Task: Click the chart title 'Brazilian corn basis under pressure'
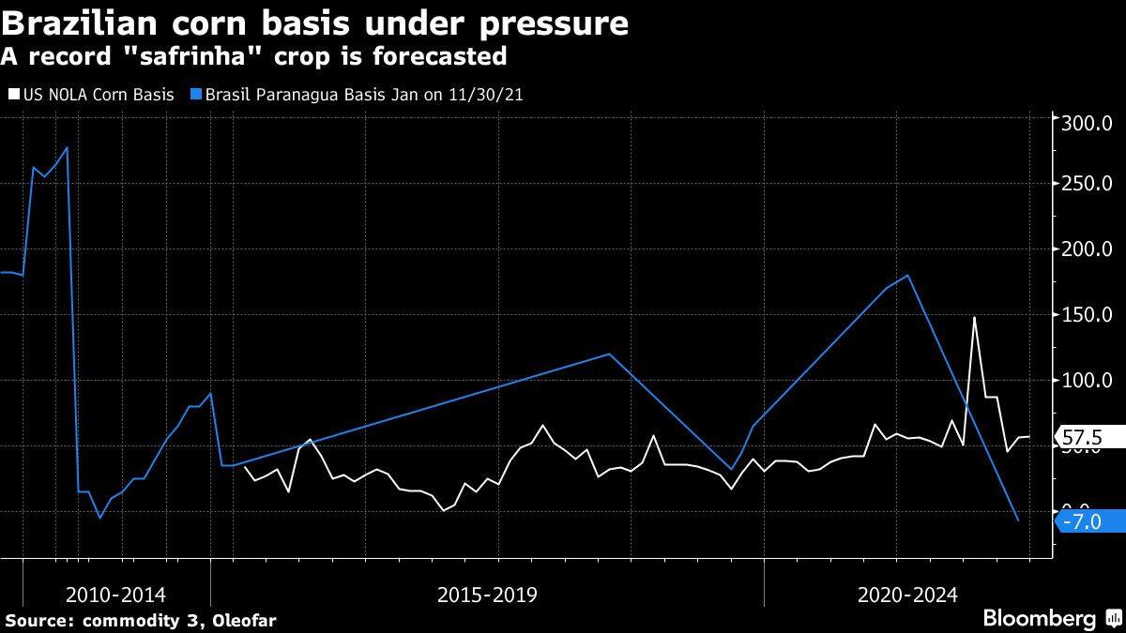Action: coord(314,23)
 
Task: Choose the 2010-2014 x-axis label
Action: coord(116,595)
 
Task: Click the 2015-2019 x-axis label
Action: coord(487,595)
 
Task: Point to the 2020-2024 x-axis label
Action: coord(907,595)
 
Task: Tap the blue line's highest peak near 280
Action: coord(67,147)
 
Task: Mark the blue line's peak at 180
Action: coord(908,275)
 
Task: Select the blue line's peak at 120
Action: coord(610,354)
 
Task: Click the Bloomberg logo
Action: coord(1039,619)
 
